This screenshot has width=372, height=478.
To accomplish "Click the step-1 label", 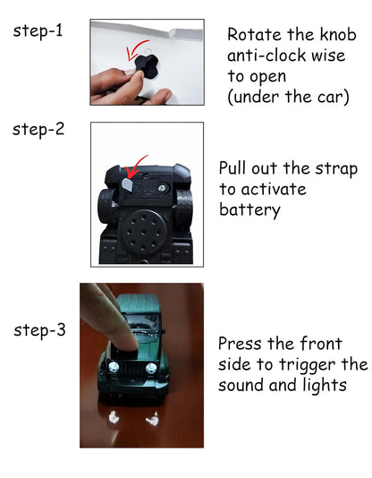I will pyautogui.click(x=38, y=31).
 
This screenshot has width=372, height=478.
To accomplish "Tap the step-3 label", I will pyautogui.click(x=39, y=330).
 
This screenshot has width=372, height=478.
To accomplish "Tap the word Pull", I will pyautogui.click(x=236, y=169).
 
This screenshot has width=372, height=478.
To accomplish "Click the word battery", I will pyautogui.click(x=249, y=210).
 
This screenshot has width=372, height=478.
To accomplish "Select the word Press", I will pyautogui.click(x=241, y=344).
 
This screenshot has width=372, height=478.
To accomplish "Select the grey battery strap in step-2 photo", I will pyautogui.click(x=126, y=183).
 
